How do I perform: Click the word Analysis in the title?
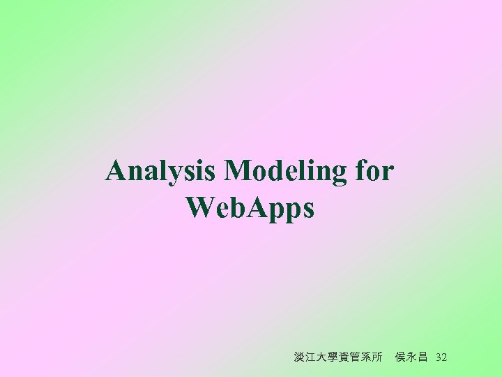pyautogui.click(x=162, y=171)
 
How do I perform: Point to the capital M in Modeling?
pyautogui.click(x=239, y=171)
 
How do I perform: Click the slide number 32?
pyautogui.click(x=441, y=357)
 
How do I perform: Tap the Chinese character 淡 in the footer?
pyautogui.click(x=300, y=357)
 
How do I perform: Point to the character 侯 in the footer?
pyautogui.click(x=401, y=357)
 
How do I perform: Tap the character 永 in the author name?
pyautogui.click(x=412, y=357)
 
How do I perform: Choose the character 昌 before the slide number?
pyautogui.click(x=423, y=357)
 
